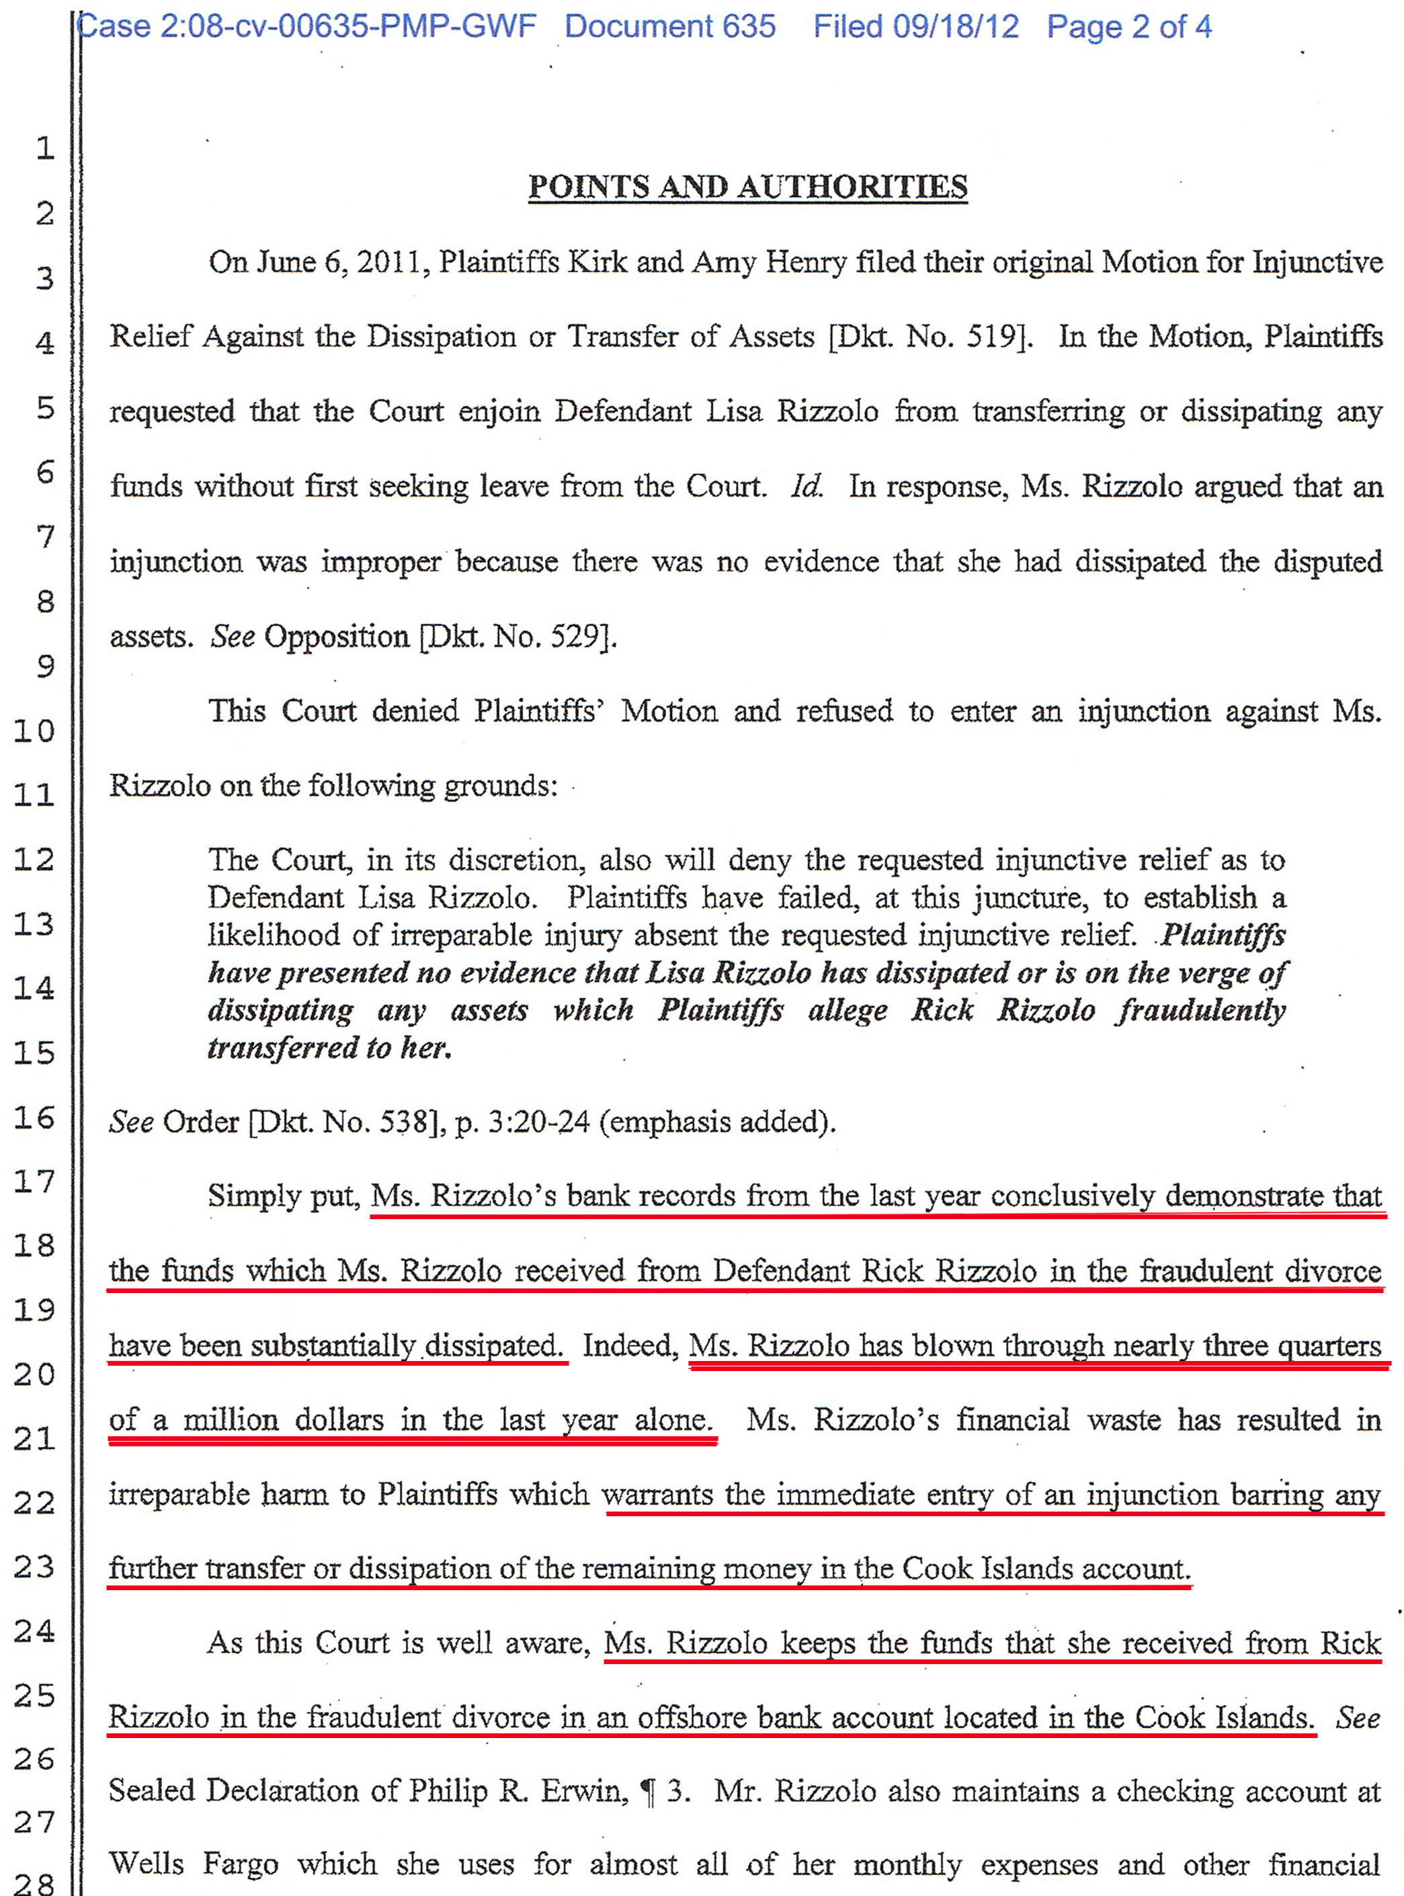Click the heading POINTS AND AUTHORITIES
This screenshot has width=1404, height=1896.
pos(747,187)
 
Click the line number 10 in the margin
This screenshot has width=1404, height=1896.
pos(34,731)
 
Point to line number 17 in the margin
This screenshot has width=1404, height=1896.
pos(34,1182)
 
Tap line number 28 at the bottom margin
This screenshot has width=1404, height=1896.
pos(34,1883)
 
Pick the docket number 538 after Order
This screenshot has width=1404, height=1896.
pos(407,1122)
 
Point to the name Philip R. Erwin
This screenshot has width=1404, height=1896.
pos(518,1790)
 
